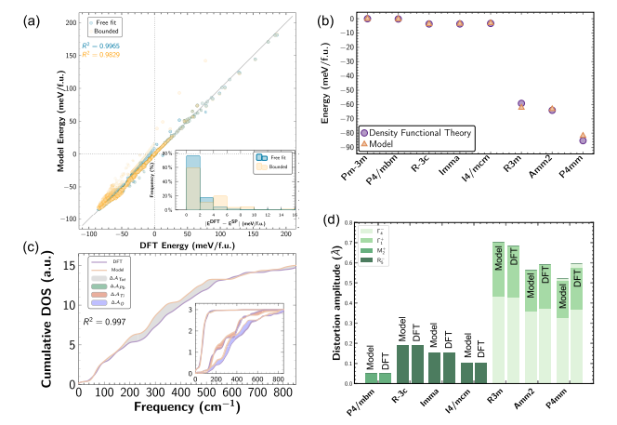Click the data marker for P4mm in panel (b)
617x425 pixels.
[x=583, y=139]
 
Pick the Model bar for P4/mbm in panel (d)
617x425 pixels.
[x=371, y=377]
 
